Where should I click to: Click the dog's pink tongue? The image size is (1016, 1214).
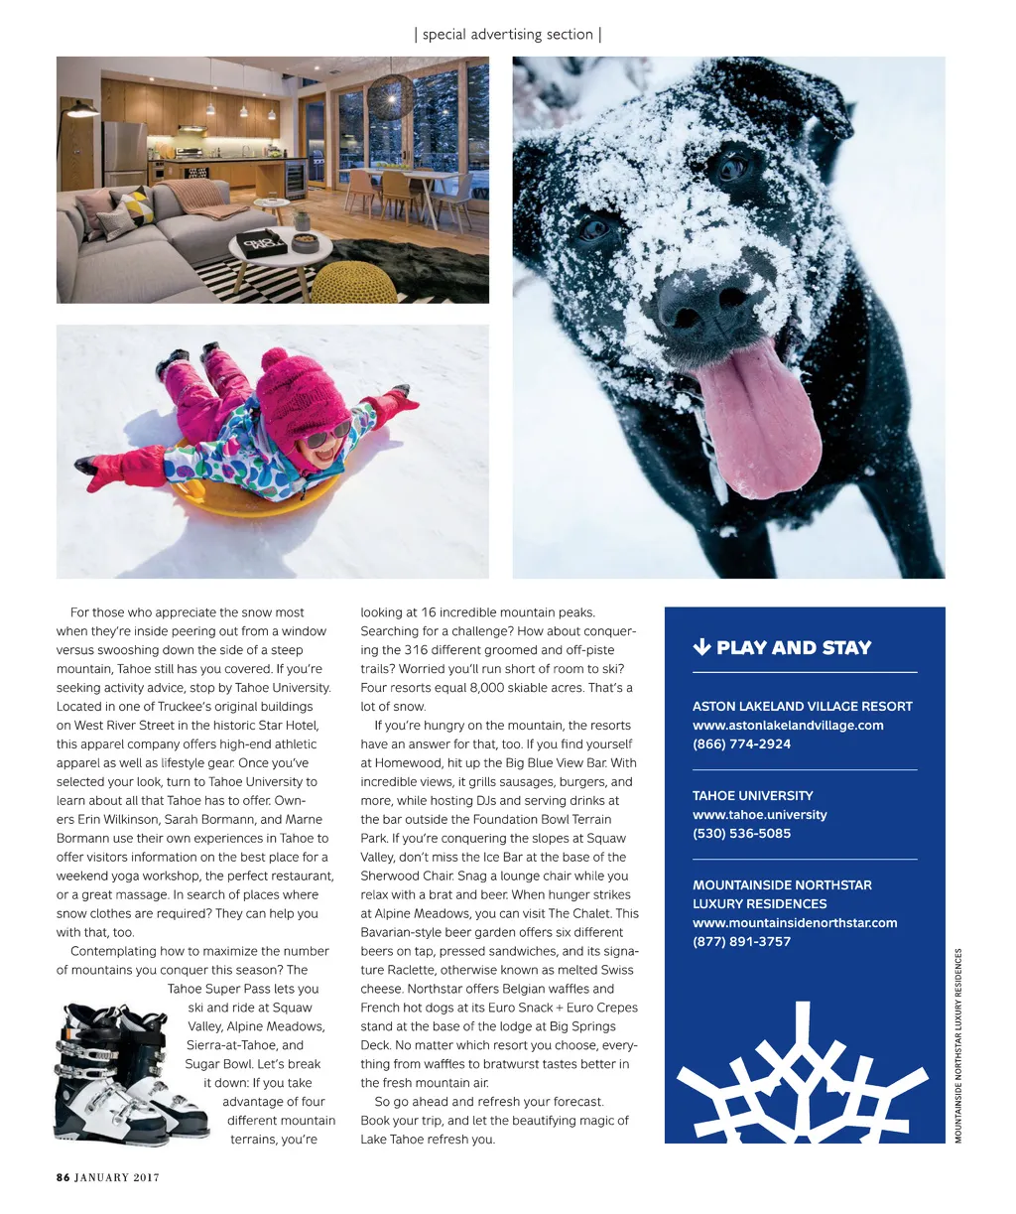(758, 422)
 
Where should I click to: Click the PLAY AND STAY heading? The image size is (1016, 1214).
(793, 648)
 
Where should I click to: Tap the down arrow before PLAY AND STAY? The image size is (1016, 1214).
(700, 647)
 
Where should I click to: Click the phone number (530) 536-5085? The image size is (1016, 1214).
(741, 834)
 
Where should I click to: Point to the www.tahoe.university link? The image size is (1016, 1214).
(759, 815)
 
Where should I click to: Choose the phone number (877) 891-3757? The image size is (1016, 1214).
(741, 942)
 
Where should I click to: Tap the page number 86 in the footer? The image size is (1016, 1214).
(63, 1177)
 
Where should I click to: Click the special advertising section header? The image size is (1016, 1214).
(507, 35)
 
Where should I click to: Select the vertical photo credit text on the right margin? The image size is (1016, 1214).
(958, 1045)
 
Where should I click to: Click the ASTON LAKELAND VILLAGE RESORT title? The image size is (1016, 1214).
(802, 707)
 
